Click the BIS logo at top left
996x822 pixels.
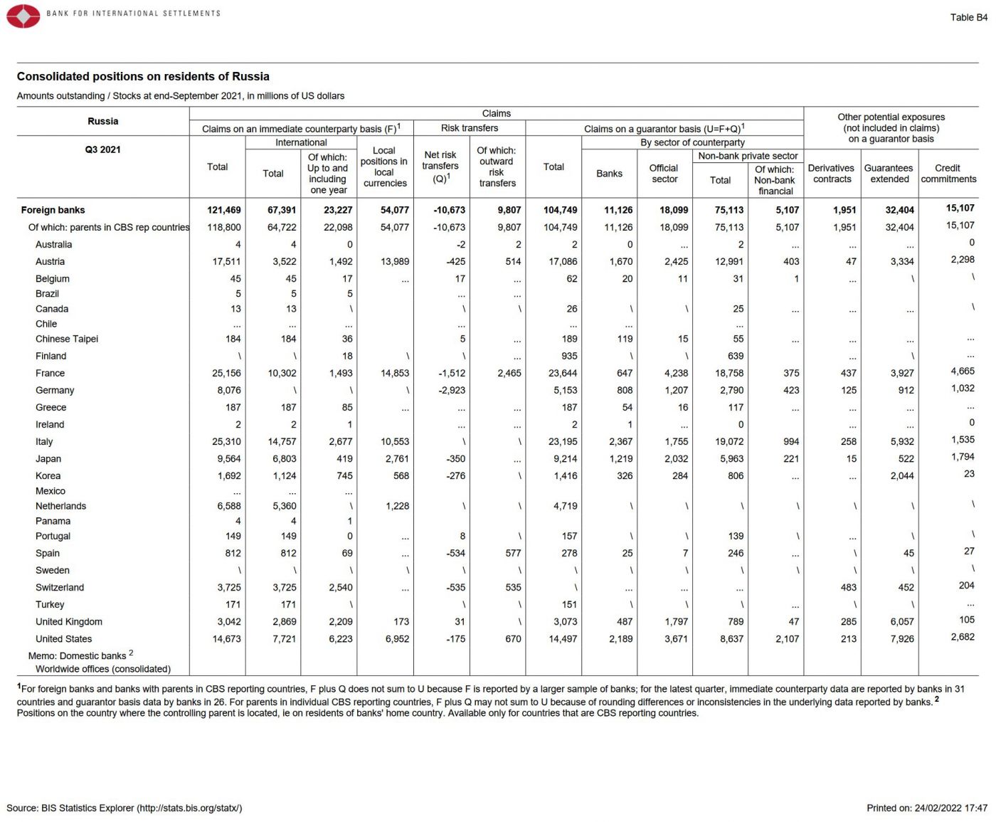[x=23, y=16]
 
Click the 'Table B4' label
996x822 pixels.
[x=968, y=17]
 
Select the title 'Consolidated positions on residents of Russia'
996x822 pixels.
[x=143, y=76]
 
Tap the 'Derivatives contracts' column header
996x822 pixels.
[x=832, y=174]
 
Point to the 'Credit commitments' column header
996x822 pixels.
[x=948, y=174]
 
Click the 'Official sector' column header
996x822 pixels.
[x=664, y=174]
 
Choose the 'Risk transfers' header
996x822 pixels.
[x=469, y=128]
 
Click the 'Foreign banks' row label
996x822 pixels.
[x=53, y=210]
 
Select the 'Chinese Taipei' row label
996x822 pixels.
[x=67, y=339]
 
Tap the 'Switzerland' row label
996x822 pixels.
[x=60, y=587]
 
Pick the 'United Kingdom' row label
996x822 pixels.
[x=69, y=621]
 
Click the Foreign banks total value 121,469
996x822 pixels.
[x=224, y=210]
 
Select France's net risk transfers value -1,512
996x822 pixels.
[x=452, y=373]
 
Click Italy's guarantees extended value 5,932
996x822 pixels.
[x=902, y=441]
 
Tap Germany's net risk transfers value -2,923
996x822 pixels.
[x=452, y=390]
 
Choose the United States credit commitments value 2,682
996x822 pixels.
[x=963, y=637]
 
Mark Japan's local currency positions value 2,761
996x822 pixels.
[x=397, y=458]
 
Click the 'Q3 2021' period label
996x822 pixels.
[x=102, y=149]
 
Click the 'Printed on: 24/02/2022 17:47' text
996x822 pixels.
[x=926, y=808]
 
